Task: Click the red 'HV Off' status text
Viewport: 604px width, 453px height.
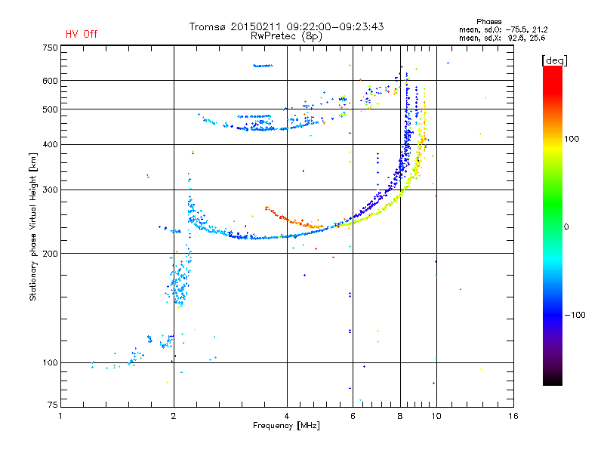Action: point(82,34)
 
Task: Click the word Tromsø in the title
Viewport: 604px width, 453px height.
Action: point(207,26)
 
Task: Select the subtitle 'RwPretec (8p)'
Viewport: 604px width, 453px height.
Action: point(286,36)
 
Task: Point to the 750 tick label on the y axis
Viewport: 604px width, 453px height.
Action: point(50,48)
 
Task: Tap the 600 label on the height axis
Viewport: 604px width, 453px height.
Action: point(50,81)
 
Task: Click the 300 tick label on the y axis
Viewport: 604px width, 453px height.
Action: point(50,190)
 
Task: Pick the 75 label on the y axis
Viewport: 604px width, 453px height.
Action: point(53,405)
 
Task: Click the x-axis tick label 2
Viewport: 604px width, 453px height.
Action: point(174,416)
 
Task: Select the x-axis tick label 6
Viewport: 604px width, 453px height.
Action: point(353,416)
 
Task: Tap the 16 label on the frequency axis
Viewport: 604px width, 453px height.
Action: point(513,416)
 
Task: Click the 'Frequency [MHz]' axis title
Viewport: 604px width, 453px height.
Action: point(286,426)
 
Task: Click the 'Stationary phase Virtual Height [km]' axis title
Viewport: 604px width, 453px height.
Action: point(33,226)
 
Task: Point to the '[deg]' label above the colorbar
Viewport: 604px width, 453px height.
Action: point(554,60)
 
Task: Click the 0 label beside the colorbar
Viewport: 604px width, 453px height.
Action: point(565,226)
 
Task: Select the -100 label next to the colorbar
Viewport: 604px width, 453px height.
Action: point(575,315)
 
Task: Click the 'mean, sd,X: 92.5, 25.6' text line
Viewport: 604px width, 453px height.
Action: point(502,38)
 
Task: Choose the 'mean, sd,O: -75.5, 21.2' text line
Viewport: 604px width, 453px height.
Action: point(503,29)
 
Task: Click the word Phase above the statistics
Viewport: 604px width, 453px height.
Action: point(488,22)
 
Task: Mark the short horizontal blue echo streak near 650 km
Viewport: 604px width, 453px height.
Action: point(263,66)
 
